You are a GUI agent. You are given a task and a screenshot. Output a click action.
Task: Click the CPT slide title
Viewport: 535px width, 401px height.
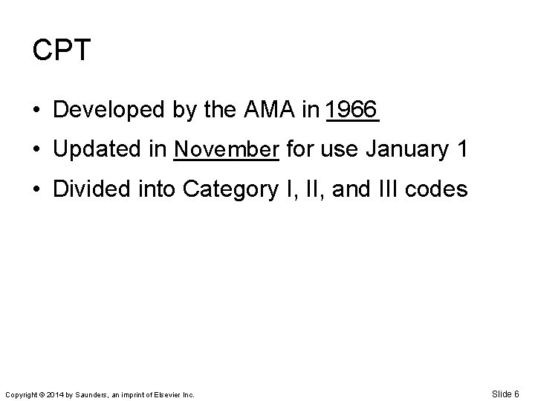click(62, 50)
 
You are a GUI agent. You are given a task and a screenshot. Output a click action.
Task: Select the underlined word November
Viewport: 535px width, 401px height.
click(226, 150)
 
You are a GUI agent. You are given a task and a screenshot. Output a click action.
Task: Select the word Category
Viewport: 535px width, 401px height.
click(231, 191)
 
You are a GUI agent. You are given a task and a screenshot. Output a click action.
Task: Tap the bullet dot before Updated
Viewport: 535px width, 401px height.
click(37, 151)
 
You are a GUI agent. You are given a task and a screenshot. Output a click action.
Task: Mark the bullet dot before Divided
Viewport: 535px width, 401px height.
click(37, 191)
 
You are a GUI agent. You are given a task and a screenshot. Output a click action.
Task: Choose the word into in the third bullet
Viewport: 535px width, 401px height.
click(153, 190)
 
